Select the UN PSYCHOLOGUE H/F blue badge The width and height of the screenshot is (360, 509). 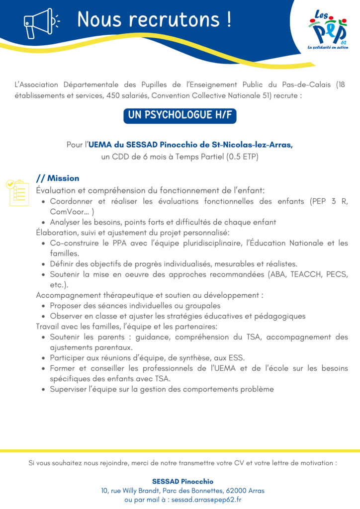point(180,115)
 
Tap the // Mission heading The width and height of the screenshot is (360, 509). point(58,178)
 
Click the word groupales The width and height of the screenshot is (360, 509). point(202,306)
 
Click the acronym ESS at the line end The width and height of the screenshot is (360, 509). point(236,358)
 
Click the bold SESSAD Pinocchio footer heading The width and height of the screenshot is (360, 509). point(182,481)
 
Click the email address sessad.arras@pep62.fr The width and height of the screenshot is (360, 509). point(206,500)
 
